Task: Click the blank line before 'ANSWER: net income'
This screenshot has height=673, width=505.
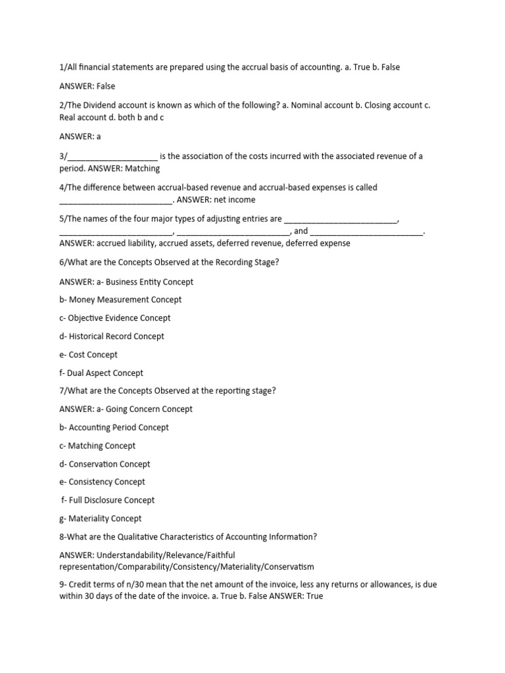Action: pos(116,200)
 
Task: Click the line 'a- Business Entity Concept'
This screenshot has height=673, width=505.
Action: pos(126,282)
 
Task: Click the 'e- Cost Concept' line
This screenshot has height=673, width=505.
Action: pos(88,355)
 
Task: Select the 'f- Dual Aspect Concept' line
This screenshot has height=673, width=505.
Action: pos(101,373)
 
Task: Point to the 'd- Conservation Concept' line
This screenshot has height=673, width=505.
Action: pos(105,464)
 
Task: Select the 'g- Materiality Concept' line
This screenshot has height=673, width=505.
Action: pos(100,519)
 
